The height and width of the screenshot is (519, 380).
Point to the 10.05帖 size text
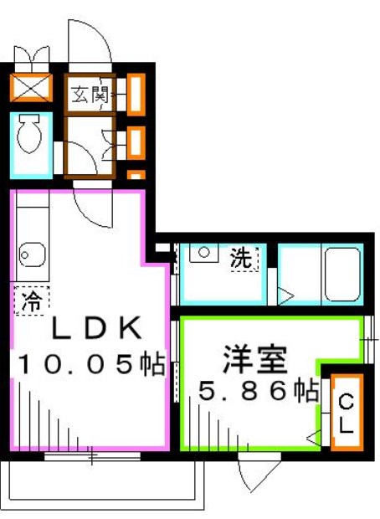pyautogui.click(x=90, y=365)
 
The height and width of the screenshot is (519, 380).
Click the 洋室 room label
pyautogui.click(x=254, y=361)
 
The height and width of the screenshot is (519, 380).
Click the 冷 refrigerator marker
pyautogui.click(x=31, y=298)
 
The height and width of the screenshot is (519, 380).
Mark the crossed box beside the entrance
pyautogui.click(x=30, y=88)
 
